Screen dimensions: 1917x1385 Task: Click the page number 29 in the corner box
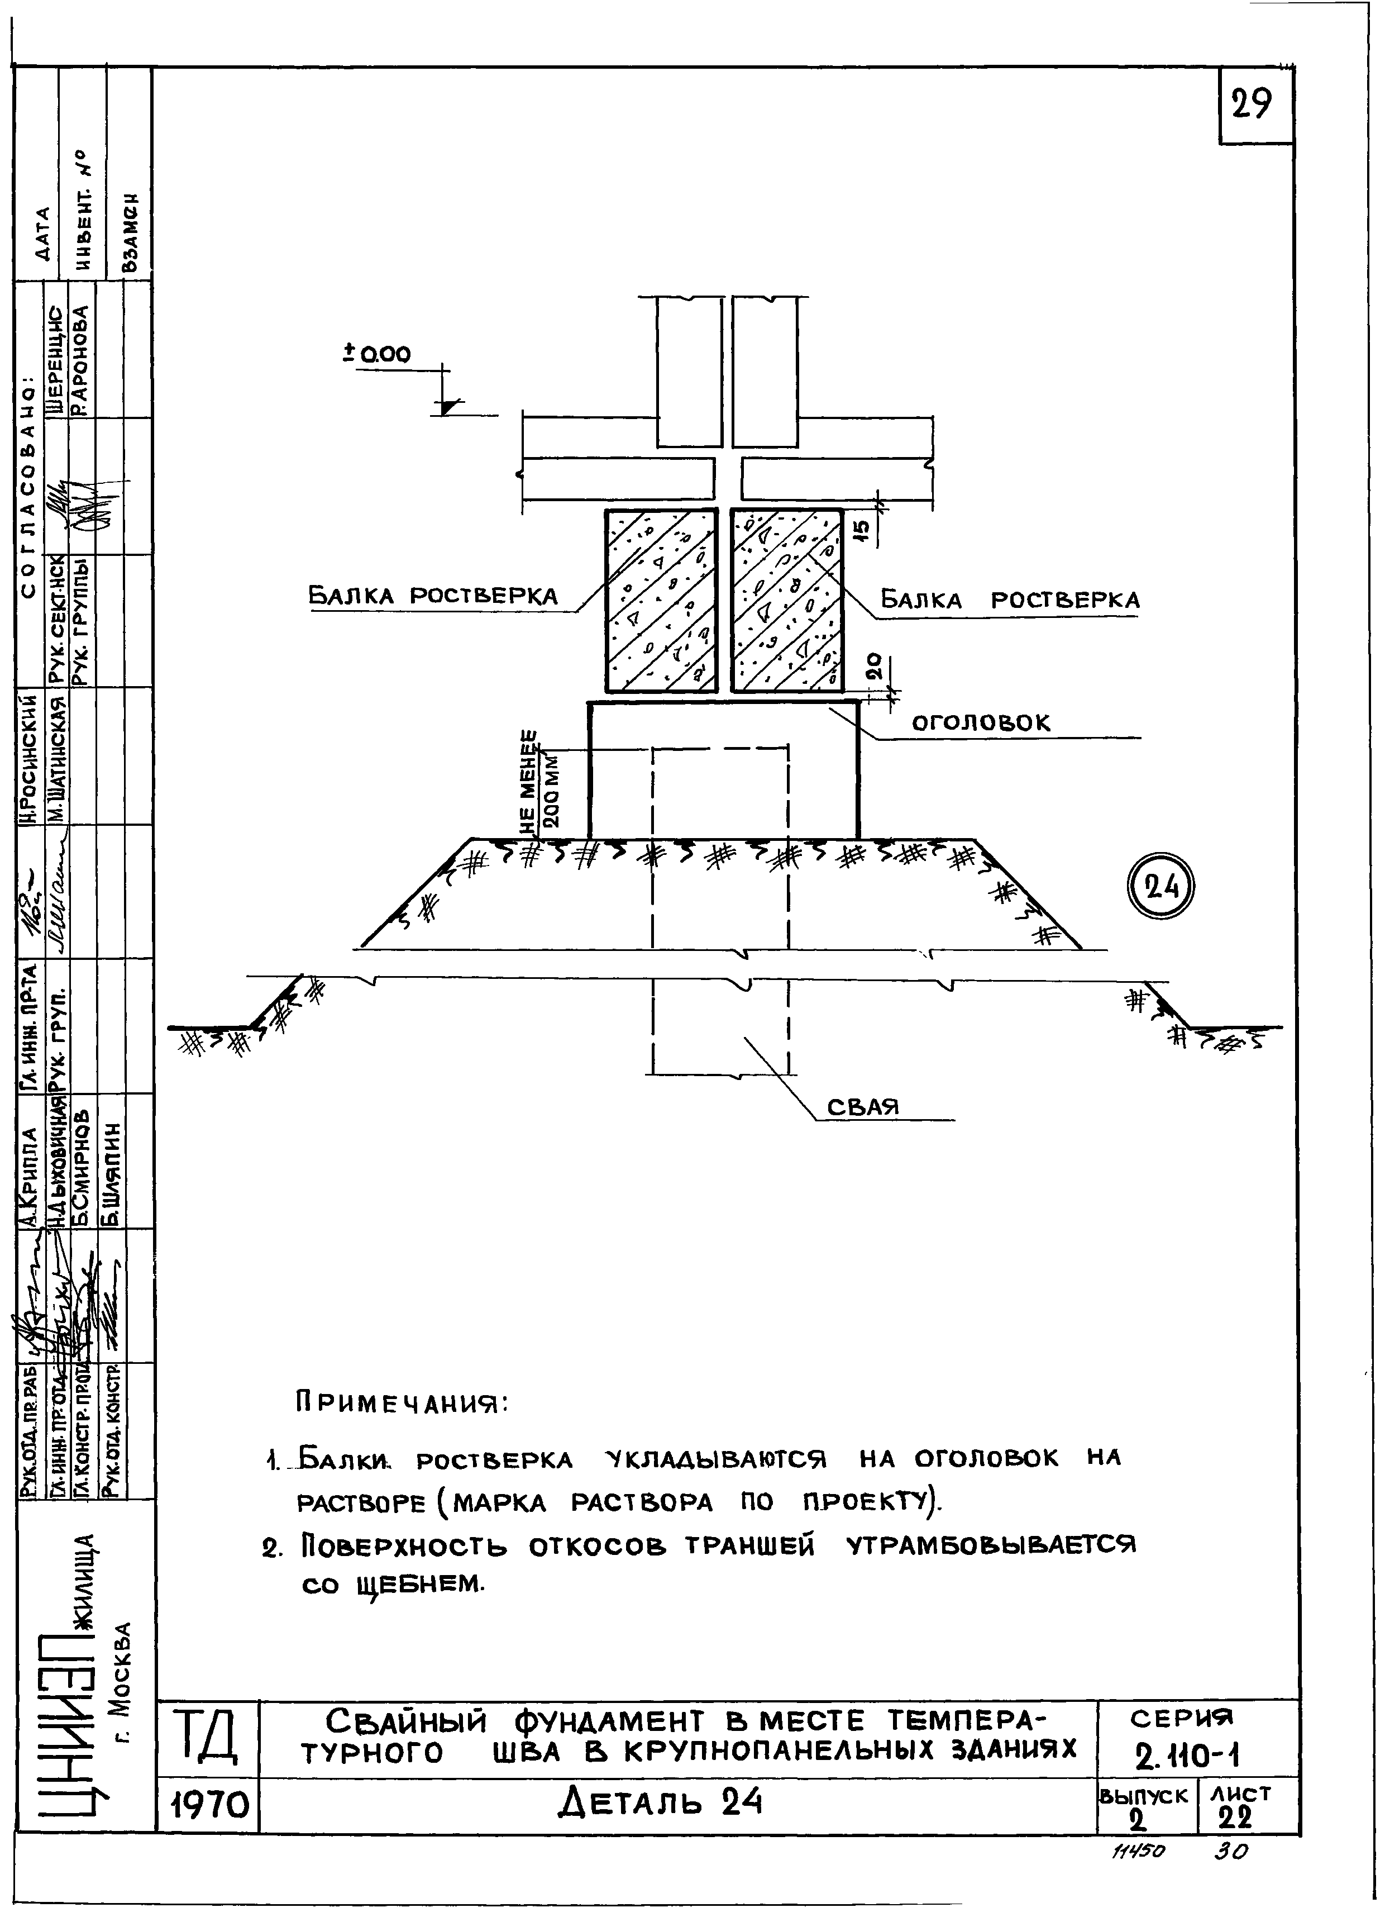click(1252, 106)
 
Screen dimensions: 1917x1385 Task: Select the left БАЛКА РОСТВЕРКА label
click(433, 596)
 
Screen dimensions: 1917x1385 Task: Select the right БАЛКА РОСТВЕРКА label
click(1010, 600)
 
